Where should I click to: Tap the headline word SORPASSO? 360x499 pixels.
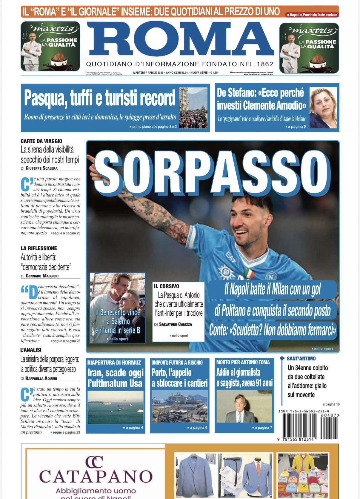[213, 169]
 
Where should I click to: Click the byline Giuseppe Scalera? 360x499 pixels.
[41, 168]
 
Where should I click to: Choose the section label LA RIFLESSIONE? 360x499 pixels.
[39, 248]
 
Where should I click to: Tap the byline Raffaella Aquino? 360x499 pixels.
[41, 378]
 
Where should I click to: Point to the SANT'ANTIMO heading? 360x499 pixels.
[301, 358]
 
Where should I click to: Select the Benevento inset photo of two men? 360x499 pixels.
[118, 307]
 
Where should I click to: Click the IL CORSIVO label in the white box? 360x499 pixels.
[167, 286]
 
